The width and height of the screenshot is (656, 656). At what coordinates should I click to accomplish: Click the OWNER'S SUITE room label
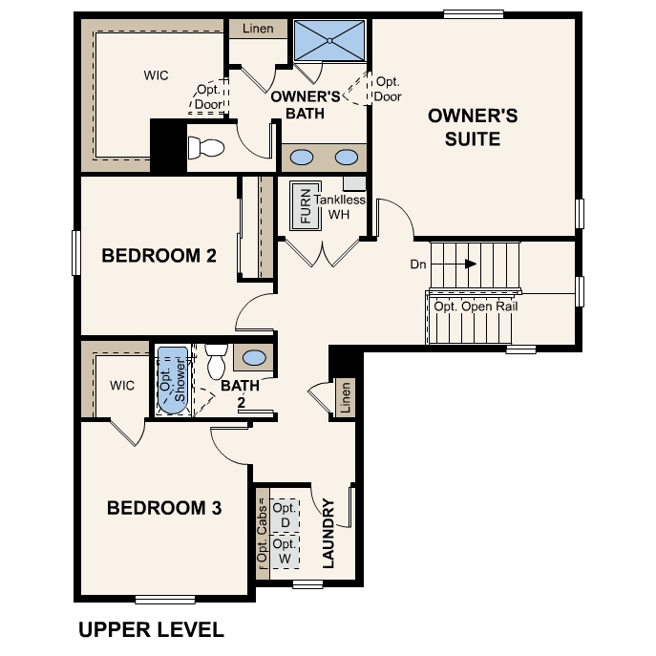click(x=473, y=127)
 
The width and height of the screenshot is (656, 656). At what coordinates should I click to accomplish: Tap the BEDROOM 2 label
click(x=159, y=256)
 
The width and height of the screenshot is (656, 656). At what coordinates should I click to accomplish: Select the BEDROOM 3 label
click(x=164, y=508)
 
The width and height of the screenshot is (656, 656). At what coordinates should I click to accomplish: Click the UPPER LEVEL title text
click(x=151, y=629)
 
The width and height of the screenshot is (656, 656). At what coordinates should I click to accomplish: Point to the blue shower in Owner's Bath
click(x=329, y=40)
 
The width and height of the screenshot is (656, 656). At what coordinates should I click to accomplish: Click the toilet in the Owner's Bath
click(x=205, y=148)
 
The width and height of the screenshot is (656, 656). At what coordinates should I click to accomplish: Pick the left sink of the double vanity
click(x=302, y=158)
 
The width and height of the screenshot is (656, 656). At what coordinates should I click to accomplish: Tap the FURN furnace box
click(x=306, y=204)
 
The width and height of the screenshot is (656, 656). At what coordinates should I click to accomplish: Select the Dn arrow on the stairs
click(x=471, y=264)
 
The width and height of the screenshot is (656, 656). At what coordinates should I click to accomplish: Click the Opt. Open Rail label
click(x=475, y=307)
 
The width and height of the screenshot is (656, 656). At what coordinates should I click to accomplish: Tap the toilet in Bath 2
click(x=215, y=361)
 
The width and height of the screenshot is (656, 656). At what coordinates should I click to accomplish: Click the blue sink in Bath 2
click(x=254, y=358)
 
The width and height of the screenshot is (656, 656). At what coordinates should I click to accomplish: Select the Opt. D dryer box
click(x=285, y=515)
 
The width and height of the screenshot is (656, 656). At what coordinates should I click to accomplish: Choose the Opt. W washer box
click(x=285, y=550)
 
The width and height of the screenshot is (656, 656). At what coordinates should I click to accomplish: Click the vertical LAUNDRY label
click(x=328, y=533)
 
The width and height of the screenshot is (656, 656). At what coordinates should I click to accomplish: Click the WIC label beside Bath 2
click(x=122, y=386)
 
